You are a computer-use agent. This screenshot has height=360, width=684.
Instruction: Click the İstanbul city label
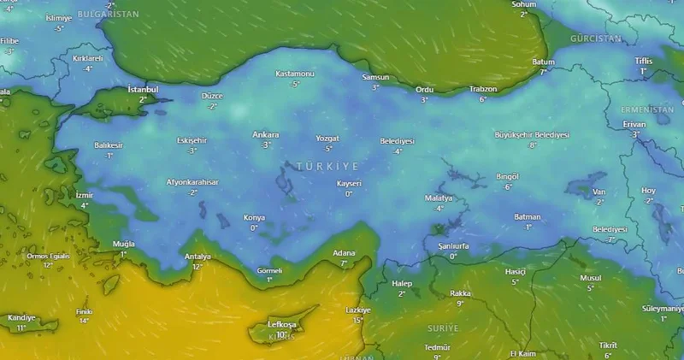143,89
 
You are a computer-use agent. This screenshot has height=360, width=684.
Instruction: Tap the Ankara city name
266,135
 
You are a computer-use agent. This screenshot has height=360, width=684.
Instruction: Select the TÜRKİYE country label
327,165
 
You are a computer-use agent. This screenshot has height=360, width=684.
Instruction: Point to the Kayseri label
349,184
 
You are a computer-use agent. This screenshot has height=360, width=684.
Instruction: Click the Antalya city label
198,257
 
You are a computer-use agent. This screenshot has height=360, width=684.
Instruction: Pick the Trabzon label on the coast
483,89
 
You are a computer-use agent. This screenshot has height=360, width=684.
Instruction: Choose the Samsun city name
374,78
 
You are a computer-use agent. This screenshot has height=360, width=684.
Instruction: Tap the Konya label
254,217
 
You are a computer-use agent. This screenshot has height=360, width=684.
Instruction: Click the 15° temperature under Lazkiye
358,320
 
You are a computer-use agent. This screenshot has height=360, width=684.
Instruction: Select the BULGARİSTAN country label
108,15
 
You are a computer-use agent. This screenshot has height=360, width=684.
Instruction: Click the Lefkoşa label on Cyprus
281,325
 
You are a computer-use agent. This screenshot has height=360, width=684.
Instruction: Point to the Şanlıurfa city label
453,246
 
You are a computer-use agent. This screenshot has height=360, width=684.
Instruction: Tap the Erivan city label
634,124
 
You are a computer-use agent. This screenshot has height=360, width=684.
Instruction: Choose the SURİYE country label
443,328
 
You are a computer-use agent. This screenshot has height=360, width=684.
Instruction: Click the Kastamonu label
295,74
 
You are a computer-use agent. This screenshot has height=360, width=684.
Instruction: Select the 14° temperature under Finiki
84,321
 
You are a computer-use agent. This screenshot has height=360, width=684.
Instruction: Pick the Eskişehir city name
192,140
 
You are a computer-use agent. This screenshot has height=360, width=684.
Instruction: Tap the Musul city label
591,278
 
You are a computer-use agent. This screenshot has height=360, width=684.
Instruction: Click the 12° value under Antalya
198,267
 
